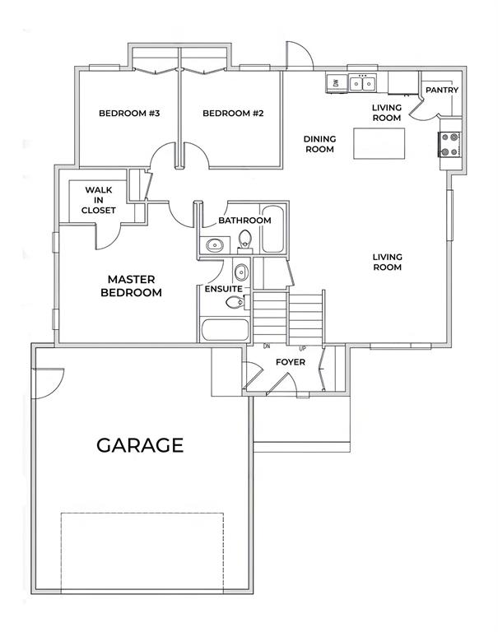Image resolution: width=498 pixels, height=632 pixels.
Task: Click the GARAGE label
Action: [x=140, y=445]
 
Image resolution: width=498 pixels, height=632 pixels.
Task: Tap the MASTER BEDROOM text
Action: [x=131, y=286]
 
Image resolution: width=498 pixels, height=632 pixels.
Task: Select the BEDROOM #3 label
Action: [x=129, y=114]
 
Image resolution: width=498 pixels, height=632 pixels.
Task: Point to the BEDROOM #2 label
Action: [x=233, y=114]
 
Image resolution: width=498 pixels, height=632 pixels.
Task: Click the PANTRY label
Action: [x=442, y=90]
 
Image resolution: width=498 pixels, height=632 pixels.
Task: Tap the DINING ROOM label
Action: [x=319, y=144]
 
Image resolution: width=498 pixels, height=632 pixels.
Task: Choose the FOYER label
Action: [x=291, y=362]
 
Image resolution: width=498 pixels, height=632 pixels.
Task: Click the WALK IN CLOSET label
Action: [x=99, y=200]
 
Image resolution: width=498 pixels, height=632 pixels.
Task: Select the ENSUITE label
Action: [x=223, y=289]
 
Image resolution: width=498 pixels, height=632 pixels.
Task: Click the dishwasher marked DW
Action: [x=337, y=83]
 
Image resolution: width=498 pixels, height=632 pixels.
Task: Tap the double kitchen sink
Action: [x=362, y=83]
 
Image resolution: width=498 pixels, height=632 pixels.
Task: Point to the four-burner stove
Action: [x=449, y=144]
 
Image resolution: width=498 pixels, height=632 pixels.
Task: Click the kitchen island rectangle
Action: [x=379, y=143]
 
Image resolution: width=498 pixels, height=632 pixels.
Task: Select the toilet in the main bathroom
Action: [x=244, y=241]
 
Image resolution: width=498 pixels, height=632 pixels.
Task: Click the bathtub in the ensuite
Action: [x=226, y=330]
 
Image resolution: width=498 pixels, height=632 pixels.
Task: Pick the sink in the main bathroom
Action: [x=215, y=245]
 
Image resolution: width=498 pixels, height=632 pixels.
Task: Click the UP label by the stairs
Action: [x=302, y=348]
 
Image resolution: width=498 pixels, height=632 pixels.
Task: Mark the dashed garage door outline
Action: [x=142, y=553]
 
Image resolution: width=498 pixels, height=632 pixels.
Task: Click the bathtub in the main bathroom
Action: [x=272, y=230]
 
